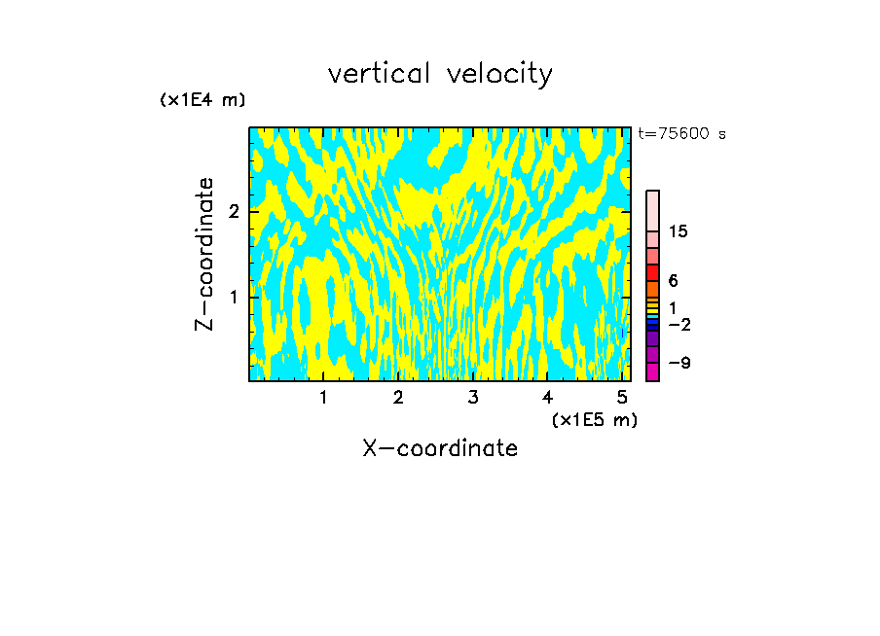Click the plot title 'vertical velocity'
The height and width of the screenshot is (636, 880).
[440, 74]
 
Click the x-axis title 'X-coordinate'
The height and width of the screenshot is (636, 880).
[440, 448]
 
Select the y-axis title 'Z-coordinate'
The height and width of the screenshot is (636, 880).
[204, 254]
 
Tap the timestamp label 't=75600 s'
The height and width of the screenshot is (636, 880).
[681, 134]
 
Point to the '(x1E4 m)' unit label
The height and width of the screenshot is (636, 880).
[202, 100]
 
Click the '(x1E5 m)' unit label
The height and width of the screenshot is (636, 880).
[594, 420]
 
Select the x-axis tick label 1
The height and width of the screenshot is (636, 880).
[323, 397]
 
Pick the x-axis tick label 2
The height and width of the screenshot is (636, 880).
[398, 397]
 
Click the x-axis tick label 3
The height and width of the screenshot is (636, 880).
[472, 397]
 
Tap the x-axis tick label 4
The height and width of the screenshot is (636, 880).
[547, 397]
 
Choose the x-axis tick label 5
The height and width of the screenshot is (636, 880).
[621, 397]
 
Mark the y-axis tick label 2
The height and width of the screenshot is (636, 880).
[233, 212]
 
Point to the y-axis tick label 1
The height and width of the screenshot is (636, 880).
[233, 297]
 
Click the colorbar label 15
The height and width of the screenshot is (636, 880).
[678, 231]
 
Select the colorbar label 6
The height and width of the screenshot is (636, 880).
[673, 281]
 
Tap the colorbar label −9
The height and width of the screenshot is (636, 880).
[678, 363]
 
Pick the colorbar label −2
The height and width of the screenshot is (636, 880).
[678, 324]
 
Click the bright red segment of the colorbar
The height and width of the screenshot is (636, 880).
[653, 272]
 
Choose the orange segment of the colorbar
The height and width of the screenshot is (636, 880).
[653, 289]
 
